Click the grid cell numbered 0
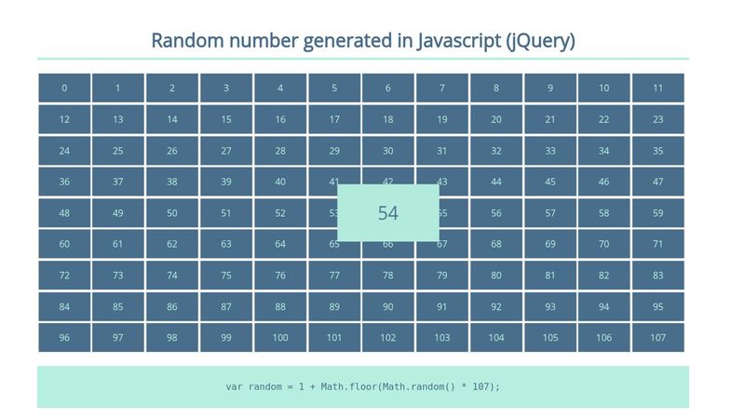point(64,88)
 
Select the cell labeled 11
point(657,88)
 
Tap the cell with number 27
point(226,151)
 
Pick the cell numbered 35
point(657,151)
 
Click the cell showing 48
point(64,213)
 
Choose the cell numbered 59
point(657,213)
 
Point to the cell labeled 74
point(172,276)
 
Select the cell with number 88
point(280,306)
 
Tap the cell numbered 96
point(64,338)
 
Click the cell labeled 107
point(657,338)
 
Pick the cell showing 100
point(280,338)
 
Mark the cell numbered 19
point(442,119)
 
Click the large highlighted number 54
point(388,213)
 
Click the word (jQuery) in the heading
point(541,41)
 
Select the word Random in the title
point(183,41)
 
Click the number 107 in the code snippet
point(484,386)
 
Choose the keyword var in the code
point(235,386)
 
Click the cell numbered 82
point(603,276)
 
